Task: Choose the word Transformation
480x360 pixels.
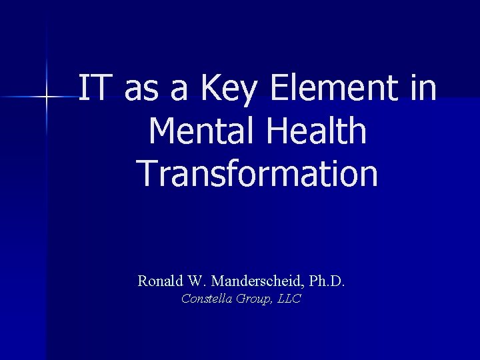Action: (258, 172)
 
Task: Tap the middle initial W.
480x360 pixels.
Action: (194, 281)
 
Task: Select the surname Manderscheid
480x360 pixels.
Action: (256, 281)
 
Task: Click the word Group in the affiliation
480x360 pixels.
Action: (253, 299)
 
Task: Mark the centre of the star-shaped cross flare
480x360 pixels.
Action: (47, 98)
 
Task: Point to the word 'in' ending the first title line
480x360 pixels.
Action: (424, 89)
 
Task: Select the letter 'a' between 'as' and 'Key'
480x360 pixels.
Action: (179, 92)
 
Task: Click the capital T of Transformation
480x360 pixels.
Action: (147, 172)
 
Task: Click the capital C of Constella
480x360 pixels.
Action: (185, 299)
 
